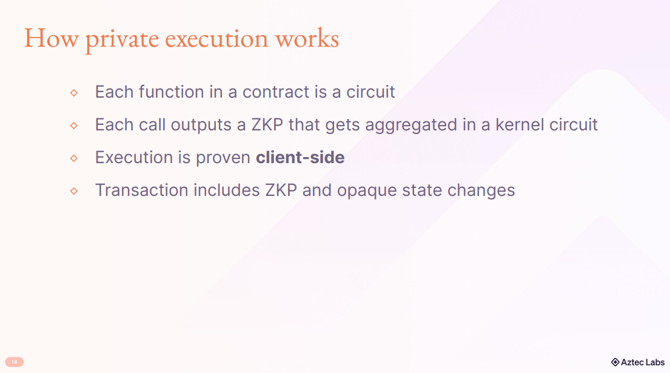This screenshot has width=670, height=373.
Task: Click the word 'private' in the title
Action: click(x=122, y=39)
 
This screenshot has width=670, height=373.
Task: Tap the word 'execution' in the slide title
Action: click(x=216, y=38)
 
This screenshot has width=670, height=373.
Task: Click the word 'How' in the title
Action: click(x=52, y=38)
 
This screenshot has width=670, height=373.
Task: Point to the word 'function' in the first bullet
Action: click(x=171, y=92)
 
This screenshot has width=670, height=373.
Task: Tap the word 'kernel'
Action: click(x=520, y=125)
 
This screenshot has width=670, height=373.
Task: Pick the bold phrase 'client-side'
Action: click(x=300, y=158)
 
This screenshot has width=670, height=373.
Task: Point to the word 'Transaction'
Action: click(x=141, y=190)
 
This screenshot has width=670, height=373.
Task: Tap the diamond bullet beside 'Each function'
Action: click(x=74, y=93)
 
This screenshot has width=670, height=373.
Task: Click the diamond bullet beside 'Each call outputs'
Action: click(x=74, y=126)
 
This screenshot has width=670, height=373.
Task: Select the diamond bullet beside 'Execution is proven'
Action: click(x=74, y=158)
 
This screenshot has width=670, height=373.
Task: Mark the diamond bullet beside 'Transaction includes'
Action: click(x=74, y=191)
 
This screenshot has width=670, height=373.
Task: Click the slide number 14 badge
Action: click(x=14, y=362)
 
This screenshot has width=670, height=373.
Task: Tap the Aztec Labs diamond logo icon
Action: click(x=615, y=362)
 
